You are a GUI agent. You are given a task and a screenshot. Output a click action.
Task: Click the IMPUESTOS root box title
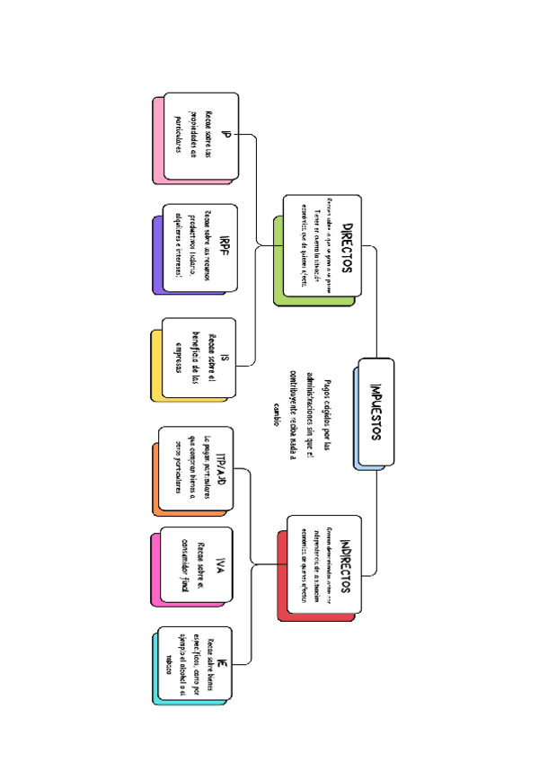point(376,412)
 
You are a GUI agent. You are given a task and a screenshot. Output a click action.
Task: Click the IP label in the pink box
point(225,135)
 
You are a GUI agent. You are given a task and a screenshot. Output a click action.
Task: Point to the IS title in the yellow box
point(225,357)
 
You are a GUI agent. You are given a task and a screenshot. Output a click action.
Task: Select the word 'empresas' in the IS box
point(178,357)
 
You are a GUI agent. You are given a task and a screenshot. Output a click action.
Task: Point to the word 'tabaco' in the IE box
point(168,665)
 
